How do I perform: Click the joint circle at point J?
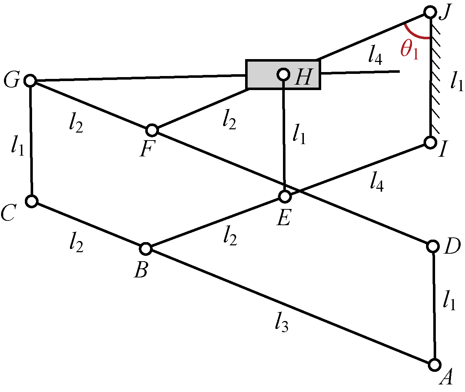(x=430, y=12)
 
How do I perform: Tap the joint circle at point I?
(x=430, y=142)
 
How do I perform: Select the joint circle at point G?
(x=30, y=80)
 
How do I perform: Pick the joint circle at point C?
(x=32, y=201)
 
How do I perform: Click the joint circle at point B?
(x=146, y=248)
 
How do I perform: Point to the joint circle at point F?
(x=152, y=130)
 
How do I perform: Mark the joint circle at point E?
(x=285, y=196)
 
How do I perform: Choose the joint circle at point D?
(x=433, y=246)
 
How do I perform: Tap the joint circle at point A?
(x=435, y=365)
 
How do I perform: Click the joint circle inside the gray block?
(x=284, y=75)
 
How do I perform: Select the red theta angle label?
(x=409, y=49)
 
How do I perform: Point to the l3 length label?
(x=282, y=321)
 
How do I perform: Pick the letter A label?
(x=446, y=378)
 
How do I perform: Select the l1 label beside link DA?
(x=449, y=300)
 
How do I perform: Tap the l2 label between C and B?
(x=76, y=242)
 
